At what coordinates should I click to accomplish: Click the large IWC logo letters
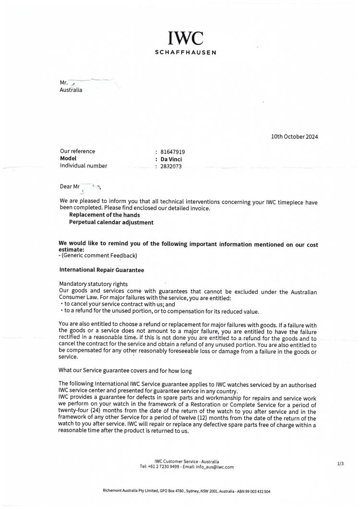(x=185, y=38)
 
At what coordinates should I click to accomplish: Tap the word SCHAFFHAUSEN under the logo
(x=185, y=52)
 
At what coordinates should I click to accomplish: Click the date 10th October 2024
(x=294, y=137)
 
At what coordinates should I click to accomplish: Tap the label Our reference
(x=77, y=151)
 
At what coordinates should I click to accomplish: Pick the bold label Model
(x=68, y=158)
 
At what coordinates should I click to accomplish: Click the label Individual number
(x=84, y=166)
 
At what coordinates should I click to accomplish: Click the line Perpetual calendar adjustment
(x=111, y=223)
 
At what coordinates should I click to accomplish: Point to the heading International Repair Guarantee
(x=101, y=270)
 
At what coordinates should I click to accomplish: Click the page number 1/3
(x=340, y=463)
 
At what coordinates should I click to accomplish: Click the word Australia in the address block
(x=71, y=90)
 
